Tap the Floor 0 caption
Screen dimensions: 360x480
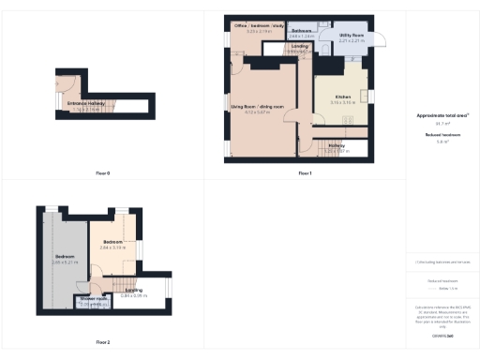pos(103,173)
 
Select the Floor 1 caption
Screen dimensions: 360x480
pos(305,173)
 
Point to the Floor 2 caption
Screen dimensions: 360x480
pos(103,342)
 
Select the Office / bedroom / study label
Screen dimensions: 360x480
pos(257,26)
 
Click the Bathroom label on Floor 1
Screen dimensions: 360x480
pos(301,31)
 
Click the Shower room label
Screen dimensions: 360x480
pos(94,299)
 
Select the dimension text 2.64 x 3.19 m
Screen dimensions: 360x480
pos(113,247)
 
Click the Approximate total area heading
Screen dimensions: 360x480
pos(442,115)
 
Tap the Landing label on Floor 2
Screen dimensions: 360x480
pos(133,291)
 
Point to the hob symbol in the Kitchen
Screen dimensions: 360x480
pos(349,119)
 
